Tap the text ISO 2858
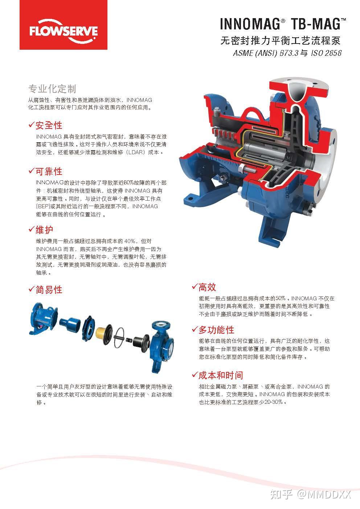coord(326,53)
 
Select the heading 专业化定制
coord(52,89)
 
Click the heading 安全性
coord(49,126)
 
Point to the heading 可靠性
coord(49,171)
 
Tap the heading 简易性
coord(49,289)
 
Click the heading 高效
coord(207,287)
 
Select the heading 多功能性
coord(216,330)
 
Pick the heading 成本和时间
coord(221,375)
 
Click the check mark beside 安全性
coord(32,125)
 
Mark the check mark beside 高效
coord(195,287)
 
